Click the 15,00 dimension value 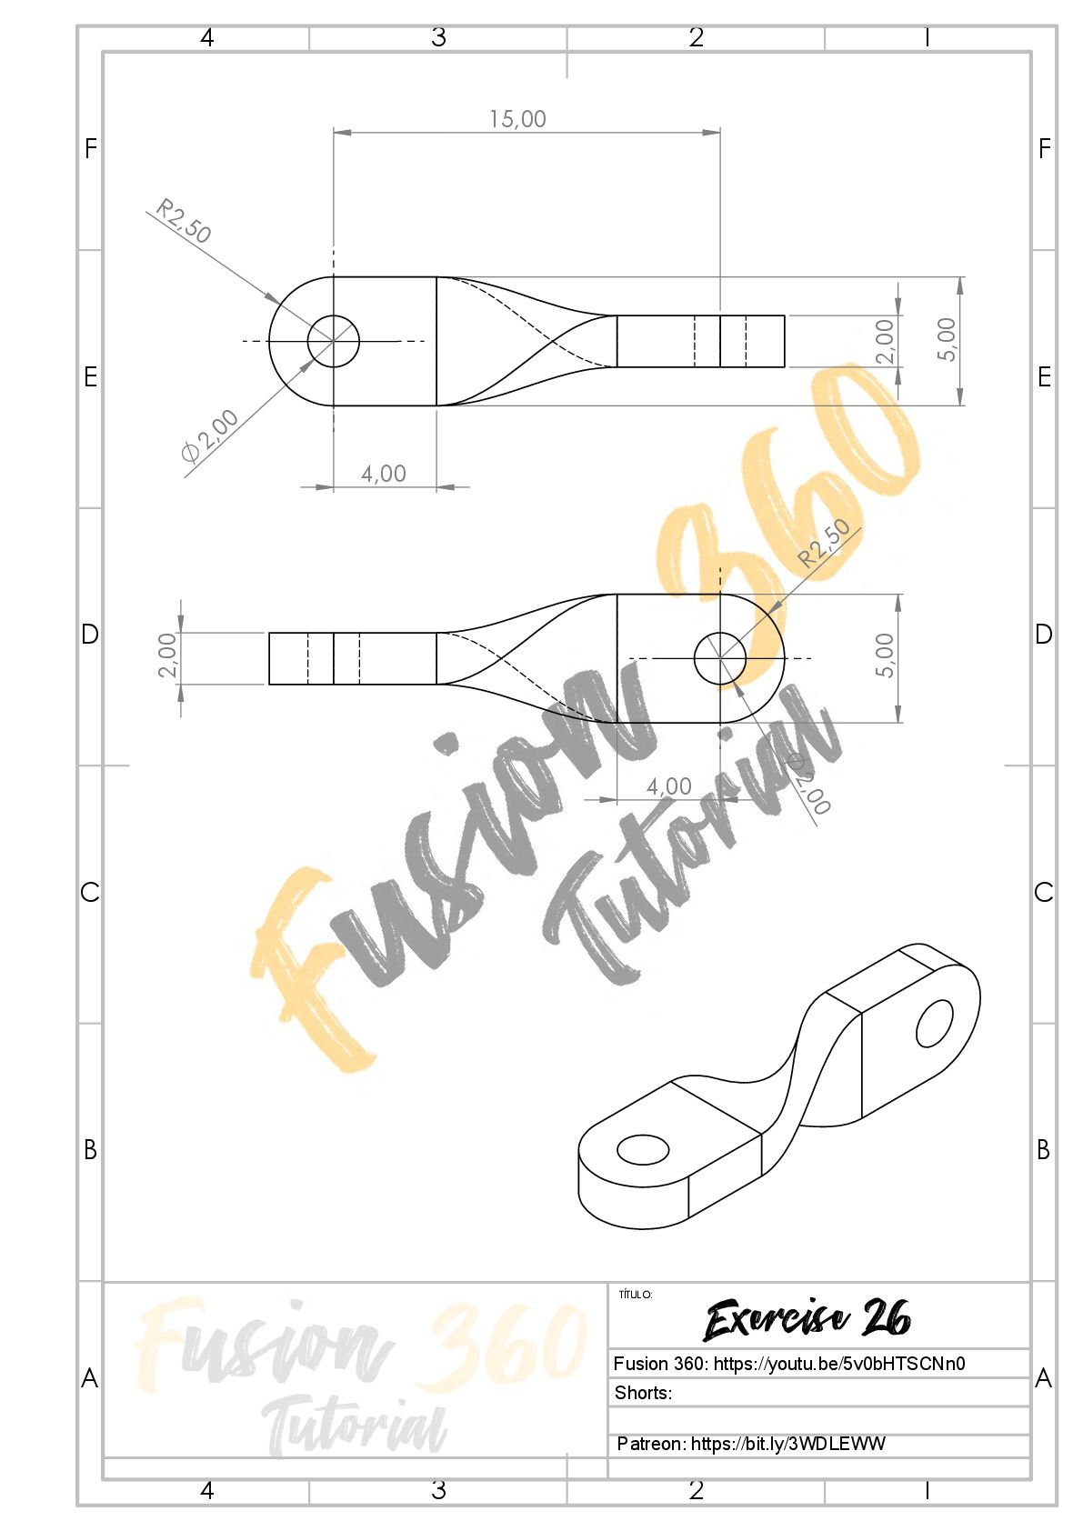(517, 119)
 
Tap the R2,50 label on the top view (184, 220)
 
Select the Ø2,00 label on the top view (210, 435)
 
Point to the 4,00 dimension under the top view (384, 473)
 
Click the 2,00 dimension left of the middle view (167, 655)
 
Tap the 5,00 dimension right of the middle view (885, 655)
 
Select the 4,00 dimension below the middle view (669, 786)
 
